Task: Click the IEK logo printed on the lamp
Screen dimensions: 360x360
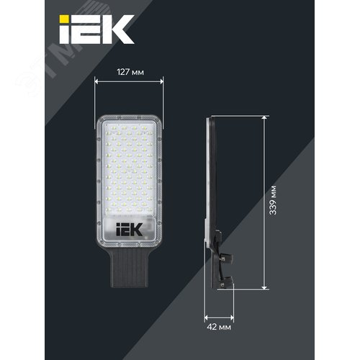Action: click(129, 229)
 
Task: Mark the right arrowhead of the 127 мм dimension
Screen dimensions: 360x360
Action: click(161, 81)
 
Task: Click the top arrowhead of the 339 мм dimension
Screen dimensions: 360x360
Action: click(266, 119)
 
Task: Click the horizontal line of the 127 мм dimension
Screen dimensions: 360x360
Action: click(129, 81)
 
